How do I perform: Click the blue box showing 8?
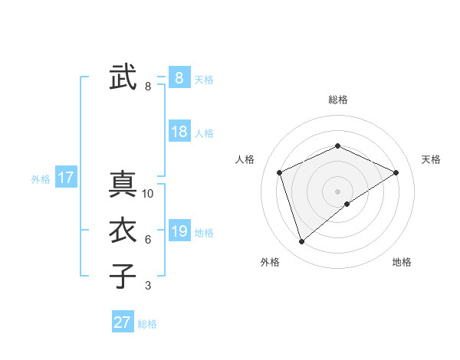pyautogui.click(x=179, y=77)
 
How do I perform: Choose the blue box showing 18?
pyautogui.click(x=179, y=131)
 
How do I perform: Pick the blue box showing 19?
pyautogui.click(x=179, y=231)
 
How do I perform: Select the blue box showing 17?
pyautogui.click(x=65, y=178)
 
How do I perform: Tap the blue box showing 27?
pyautogui.click(x=122, y=322)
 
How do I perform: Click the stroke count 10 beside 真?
pyautogui.click(x=148, y=194)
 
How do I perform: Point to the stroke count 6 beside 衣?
pyautogui.click(x=148, y=240)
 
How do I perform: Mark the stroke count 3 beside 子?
pyautogui.click(x=148, y=286)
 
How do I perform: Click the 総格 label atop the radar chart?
pyautogui.click(x=338, y=100)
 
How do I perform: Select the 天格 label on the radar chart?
pyautogui.click(x=431, y=159)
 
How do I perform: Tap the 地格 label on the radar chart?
pyautogui.click(x=402, y=262)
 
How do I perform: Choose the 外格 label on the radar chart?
pyautogui.click(x=270, y=262)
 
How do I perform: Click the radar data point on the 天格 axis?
pyautogui.click(x=396, y=172)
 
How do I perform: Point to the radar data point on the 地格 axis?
pyautogui.click(x=347, y=204)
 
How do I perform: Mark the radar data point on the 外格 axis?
pyautogui.click(x=302, y=242)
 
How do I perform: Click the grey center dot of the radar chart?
pyautogui.click(x=337, y=191)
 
